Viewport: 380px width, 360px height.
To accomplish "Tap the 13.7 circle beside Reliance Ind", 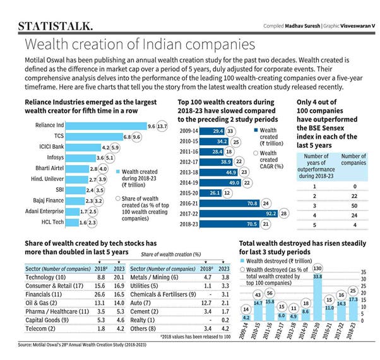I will click(x=162, y=126).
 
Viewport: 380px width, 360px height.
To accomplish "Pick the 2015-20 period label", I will click(x=189, y=192).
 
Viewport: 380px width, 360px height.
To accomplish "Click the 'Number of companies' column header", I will click(x=353, y=160).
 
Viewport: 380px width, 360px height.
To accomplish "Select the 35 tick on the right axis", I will click(x=365, y=270).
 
